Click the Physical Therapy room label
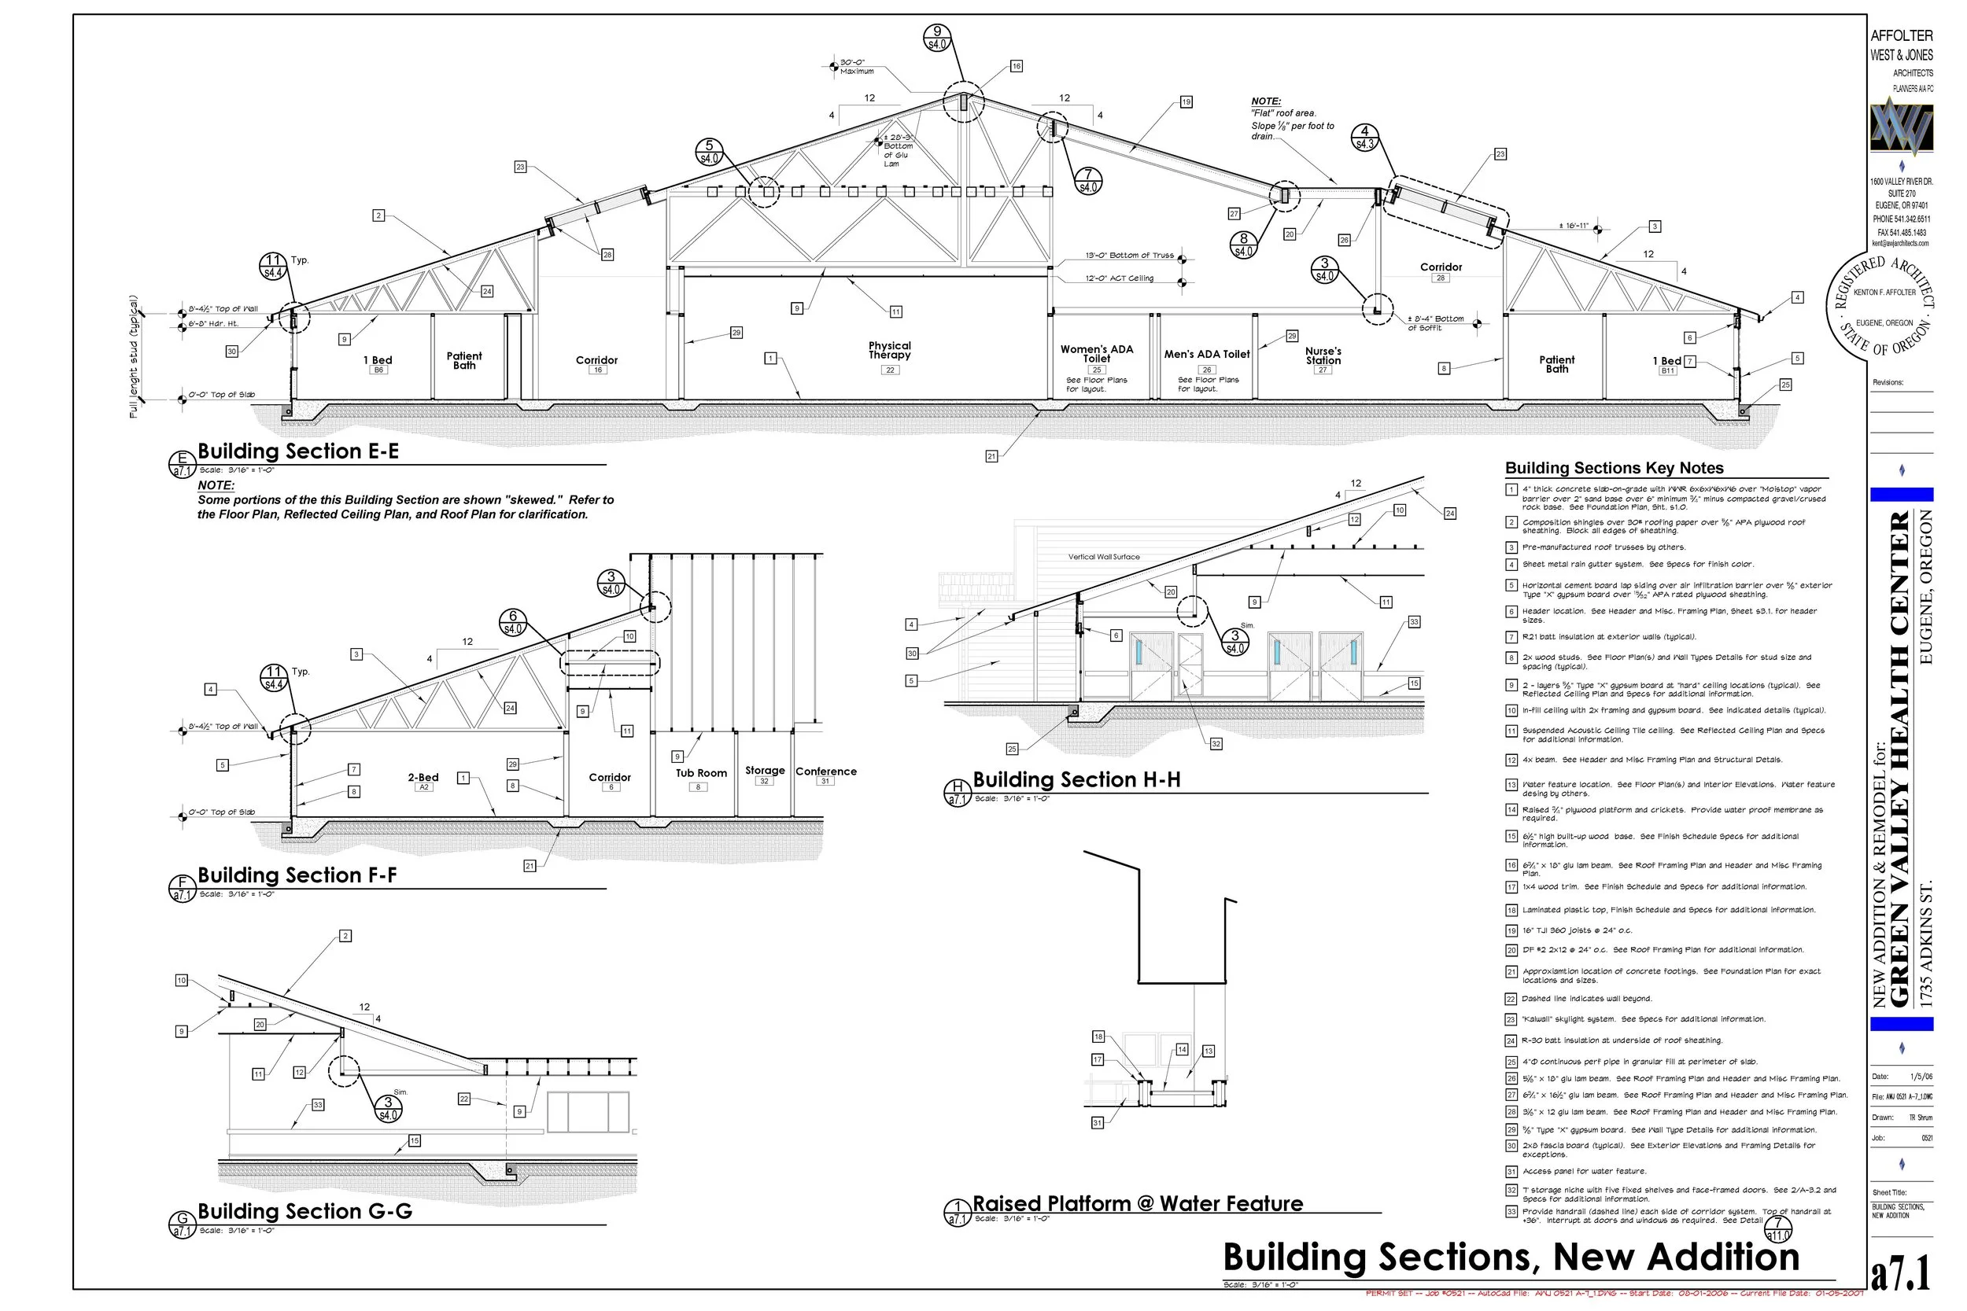pyautogui.click(x=889, y=350)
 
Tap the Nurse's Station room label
pyautogui.click(x=1323, y=356)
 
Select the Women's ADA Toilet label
pyautogui.click(x=1096, y=354)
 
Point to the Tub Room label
pyautogui.click(x=701, y=773)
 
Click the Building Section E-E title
pyautogui.click(x=297, y=451)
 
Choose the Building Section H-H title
pyautogui.click(x=1076, y=780)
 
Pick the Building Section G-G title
pyautogui.click(x=304, y=1211)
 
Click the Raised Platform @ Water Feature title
pyautogui.click(x=1138, y=1204)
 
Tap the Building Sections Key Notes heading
pyautogui.click(x=1614, y=468)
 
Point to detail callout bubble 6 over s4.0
pyautogui.click(x=513, y=622)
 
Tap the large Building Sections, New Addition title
pyautogui.click(x=1511, y=1258)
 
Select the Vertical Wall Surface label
pyautogui.click(x=1103, y=557)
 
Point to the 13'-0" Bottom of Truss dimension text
pyautogui.click(x=1129, y=256)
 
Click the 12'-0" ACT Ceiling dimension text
pyautogui.click(x=1119, y=278)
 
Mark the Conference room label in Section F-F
pyautogui.click(x=825, y=772)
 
